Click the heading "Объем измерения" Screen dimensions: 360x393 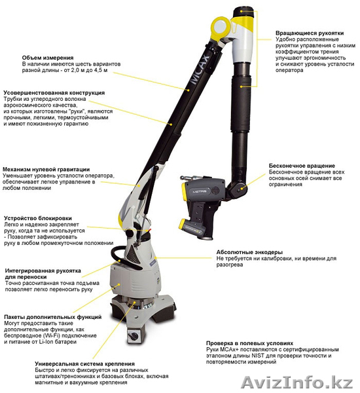pos(48,58)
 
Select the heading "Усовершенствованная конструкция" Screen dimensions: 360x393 pos(54,93)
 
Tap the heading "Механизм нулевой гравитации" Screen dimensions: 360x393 pos(46,170)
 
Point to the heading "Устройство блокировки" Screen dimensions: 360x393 pos(38,218)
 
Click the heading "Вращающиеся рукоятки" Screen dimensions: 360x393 pos(310,33)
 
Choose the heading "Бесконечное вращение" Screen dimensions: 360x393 pos(302,166)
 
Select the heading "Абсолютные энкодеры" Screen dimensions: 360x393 pos(249,252)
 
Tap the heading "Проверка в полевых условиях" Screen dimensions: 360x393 pos(249,343)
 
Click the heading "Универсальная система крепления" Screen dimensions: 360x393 pos(84,364)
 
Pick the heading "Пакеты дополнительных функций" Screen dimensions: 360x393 pos(53,317)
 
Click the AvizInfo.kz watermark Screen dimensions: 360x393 pos(297,383)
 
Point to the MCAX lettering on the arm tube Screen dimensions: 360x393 pos(200,67)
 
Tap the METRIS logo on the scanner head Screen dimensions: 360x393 pos(200,191)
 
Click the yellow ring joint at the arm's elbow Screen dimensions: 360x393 pos(220,27)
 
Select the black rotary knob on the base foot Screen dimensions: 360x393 pos(134,335)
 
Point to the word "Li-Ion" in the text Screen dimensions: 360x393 pos(46,342)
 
